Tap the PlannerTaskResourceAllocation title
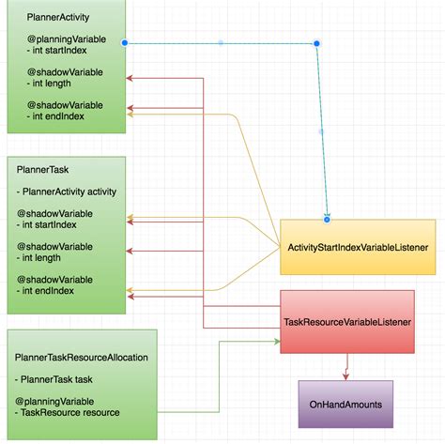tap(82, 357)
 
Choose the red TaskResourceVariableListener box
tap(347, 321)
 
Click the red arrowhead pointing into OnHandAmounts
tap(347, 375)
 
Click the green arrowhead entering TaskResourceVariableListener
tap(277, 340)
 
